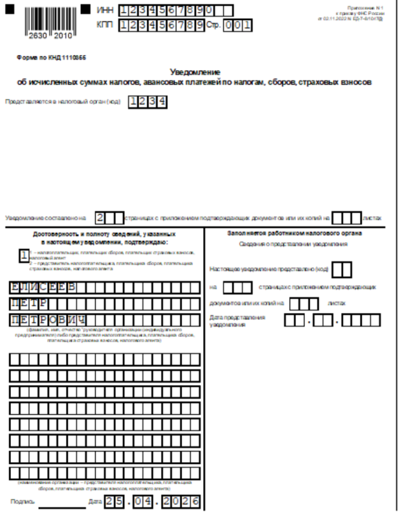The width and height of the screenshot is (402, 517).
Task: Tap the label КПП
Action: pyautogui.click(x=105, y=25)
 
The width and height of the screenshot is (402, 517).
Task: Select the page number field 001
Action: pyautogui.click(x=237, y=26)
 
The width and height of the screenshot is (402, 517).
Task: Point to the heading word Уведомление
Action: pyautogui.click(x=195, y=71)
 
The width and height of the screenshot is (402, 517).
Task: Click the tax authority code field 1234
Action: pyautogui.click(x=147, y=101)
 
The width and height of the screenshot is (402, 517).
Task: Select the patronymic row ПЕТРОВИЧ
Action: pyautogui.click(x=45, y=320)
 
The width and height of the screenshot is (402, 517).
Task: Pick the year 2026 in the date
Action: pyautogui.click(x=182, y=501)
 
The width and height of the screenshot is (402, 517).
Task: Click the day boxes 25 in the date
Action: pyautogui.click(x=114, y=501)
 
